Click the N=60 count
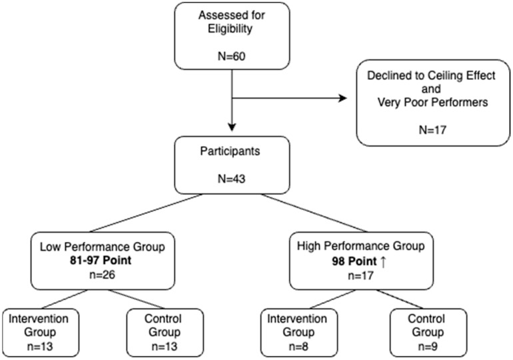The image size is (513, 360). coord(232,56)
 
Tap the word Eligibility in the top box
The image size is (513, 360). coord(230,29)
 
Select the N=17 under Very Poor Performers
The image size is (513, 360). coord(432,130)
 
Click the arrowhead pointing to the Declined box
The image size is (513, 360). coord(343,98)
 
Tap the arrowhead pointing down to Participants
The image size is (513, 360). coord(232,127)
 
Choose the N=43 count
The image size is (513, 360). coord(232,179)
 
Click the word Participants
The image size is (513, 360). coord(230,151)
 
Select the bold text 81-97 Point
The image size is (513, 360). coord(101,261)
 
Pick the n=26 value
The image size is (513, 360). coord(102,275)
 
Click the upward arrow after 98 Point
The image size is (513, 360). coord(384,262)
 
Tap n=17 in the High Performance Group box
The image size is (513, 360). coord(360,275)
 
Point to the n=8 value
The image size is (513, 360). coord(298,347)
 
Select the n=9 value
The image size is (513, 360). coord(428,347)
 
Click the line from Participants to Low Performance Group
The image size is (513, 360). coord(146,213)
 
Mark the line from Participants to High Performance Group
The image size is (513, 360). coord(314,213)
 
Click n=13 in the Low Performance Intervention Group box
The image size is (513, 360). coord(40,347)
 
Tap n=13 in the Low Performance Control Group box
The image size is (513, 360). coord(165,347)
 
